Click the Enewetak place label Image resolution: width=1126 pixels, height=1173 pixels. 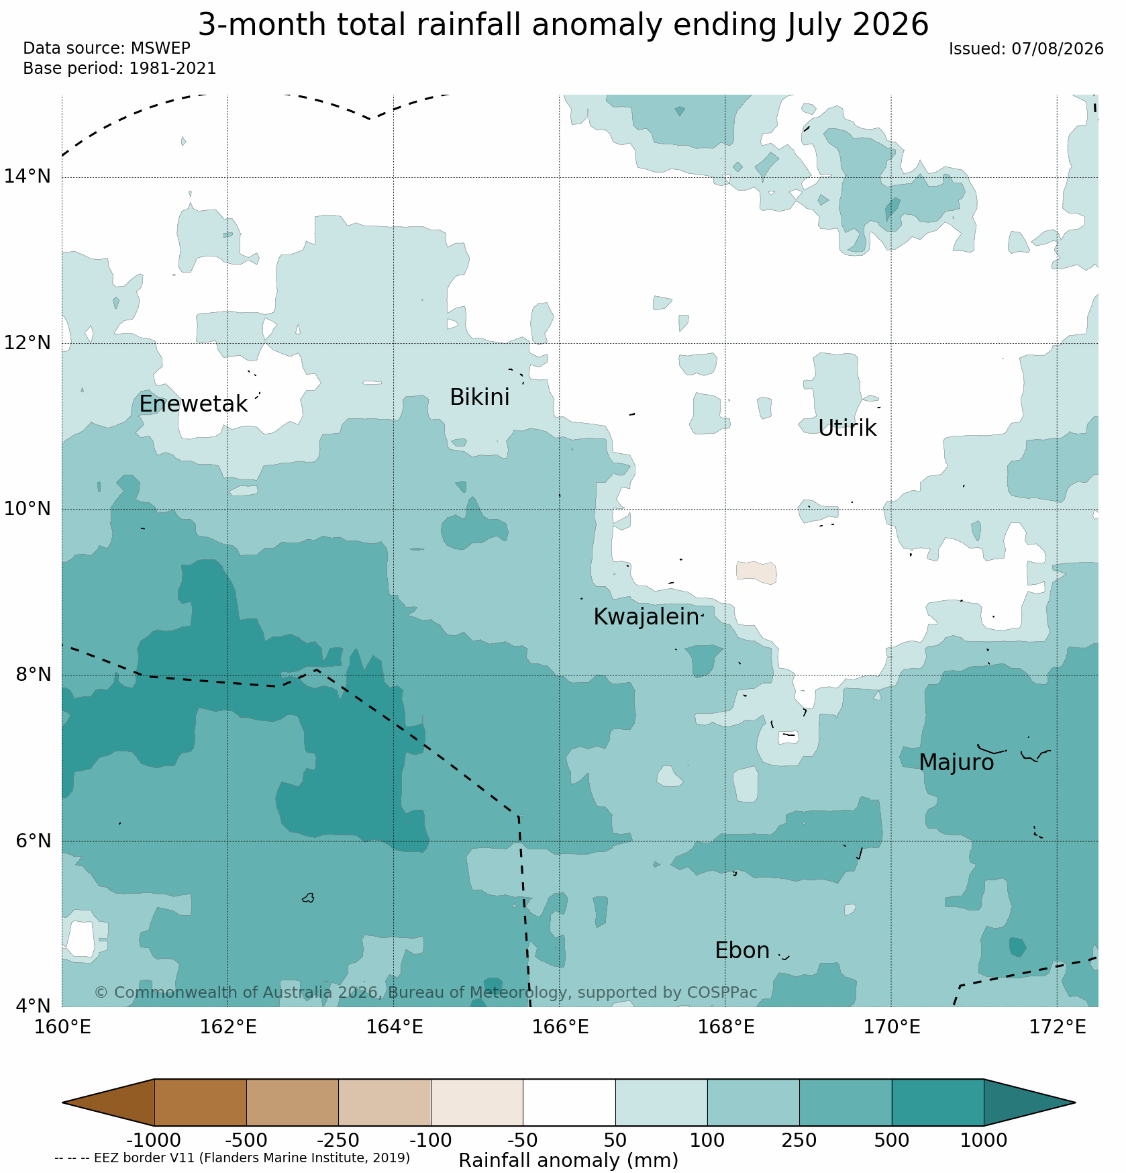(x=193, y=404)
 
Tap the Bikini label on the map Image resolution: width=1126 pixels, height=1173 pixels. (x=479, y=397)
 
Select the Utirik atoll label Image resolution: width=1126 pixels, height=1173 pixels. (x=847, y=428)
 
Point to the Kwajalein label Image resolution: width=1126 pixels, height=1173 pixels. (x=646, y=617)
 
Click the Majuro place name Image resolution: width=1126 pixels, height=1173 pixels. (x=956, y=763)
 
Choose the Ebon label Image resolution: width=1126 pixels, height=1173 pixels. (x=742, y=951)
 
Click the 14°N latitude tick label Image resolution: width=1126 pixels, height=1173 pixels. (x=28, y=177)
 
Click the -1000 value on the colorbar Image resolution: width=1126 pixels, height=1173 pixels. (x=154, y=1140)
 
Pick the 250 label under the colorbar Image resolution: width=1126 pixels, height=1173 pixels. (x=799, y=1140)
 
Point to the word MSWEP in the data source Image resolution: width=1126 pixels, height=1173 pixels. (x=160, y=48)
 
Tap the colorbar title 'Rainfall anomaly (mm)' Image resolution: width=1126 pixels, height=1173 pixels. (x=568, y=1160)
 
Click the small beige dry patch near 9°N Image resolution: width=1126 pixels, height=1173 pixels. (x=756, y=572)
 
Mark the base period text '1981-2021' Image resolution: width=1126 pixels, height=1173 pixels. (x=172, y=68)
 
